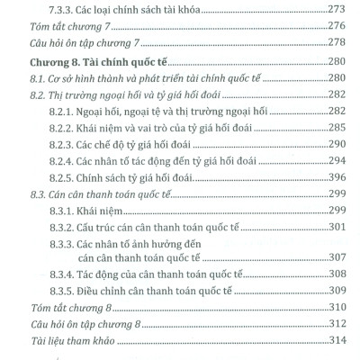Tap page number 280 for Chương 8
click(x=333, y=61)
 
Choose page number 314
click(x=333, y=343)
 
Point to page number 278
click(x=333, y=45)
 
